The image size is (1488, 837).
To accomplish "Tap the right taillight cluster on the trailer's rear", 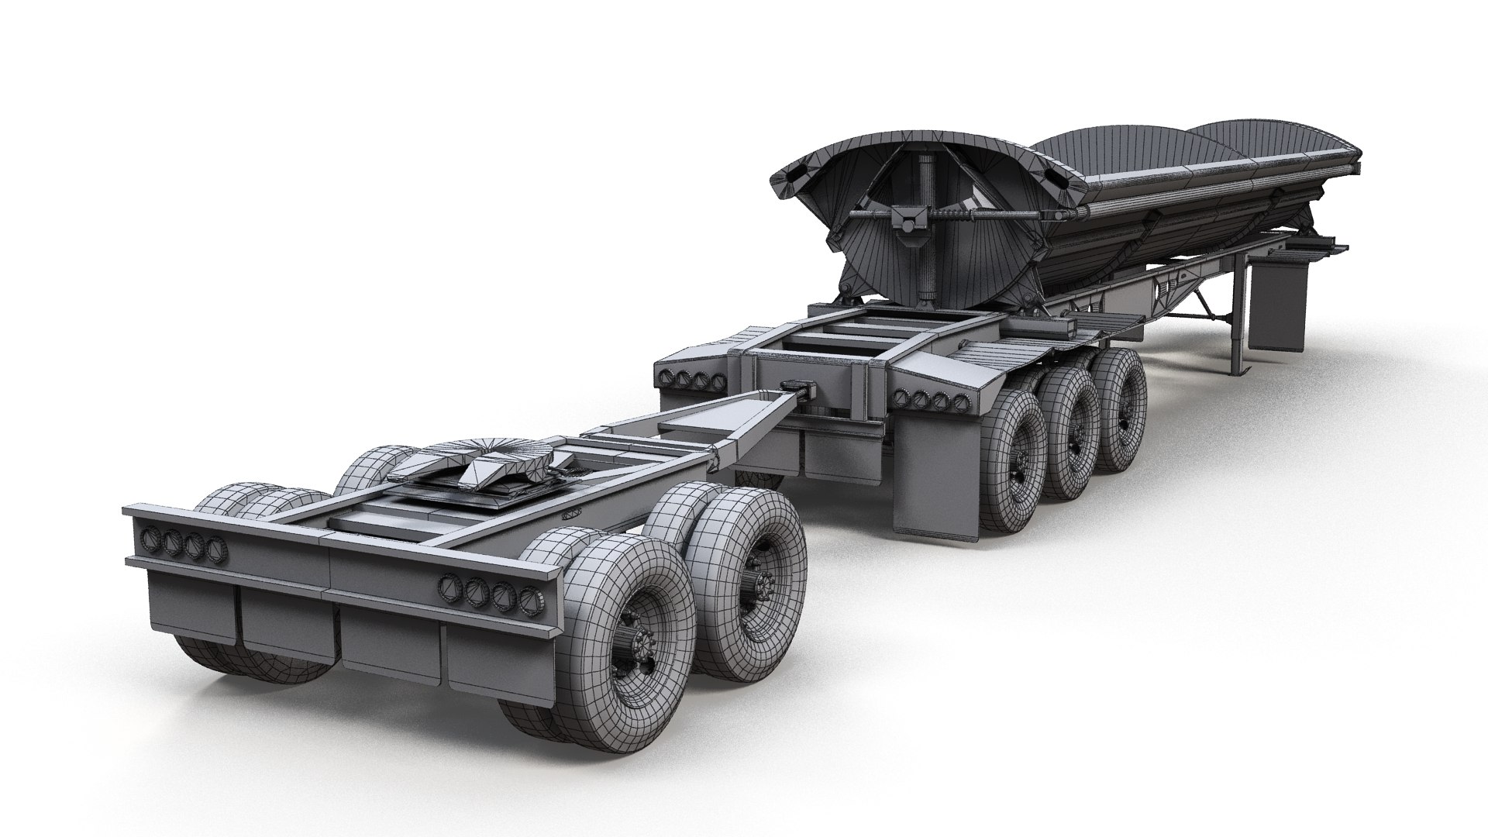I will tap(930, 400).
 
